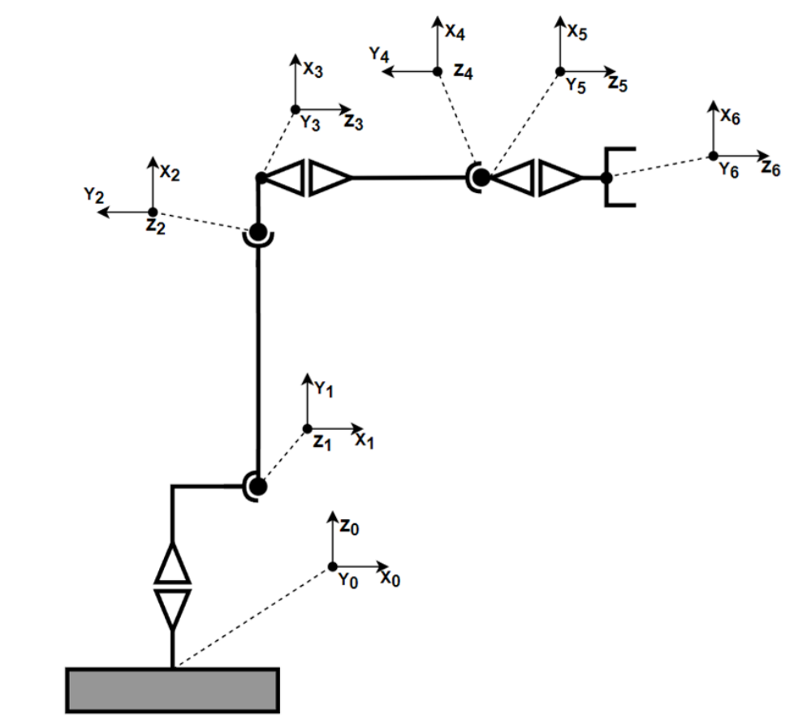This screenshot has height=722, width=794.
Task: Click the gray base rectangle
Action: point(172,691)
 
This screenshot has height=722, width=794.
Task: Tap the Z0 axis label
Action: point(349,526)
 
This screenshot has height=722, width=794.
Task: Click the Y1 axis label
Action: point(325,390)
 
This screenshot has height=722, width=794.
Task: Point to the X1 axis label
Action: point(365,441)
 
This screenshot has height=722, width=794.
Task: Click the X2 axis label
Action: point(170,172)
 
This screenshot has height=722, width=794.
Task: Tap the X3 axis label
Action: point(313,70)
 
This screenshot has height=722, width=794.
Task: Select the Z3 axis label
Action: point(353,122)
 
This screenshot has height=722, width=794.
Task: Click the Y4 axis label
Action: point(379,54)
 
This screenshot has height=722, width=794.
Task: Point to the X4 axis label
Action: point(455,33)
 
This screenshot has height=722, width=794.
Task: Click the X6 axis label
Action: point(730,118)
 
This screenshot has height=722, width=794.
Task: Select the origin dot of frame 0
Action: point(332,565)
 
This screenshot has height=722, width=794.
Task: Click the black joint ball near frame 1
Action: point(258,487)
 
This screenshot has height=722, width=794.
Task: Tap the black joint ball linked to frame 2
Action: point(258,232)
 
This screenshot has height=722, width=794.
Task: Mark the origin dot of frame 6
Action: point(712,156)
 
